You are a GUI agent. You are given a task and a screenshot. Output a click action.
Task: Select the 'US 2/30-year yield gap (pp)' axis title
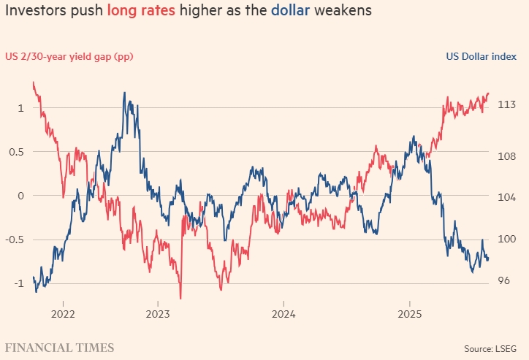coord(69,57)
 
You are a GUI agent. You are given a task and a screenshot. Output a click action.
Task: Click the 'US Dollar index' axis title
coord(482,57)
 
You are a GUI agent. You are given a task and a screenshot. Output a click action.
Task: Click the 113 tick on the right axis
coord(508,105)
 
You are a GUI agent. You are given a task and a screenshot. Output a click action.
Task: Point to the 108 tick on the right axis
coord(508,156)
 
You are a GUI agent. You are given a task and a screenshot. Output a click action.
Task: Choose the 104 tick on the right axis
coord(508,198)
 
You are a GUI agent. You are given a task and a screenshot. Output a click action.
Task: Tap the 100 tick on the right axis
coord(508,240)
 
